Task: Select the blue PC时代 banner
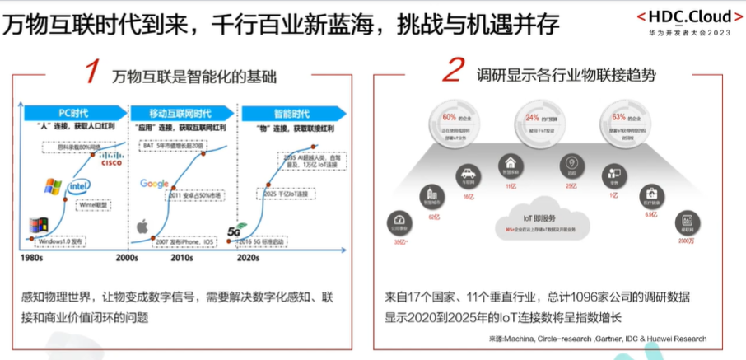(x=74, y=112)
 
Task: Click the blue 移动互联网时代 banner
(x=180, y=112)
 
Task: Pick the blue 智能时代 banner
(x=284, y=112)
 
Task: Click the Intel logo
(x=79, y=186)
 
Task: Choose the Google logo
(x=154, y=184)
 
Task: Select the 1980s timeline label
(x=34, y=258)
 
